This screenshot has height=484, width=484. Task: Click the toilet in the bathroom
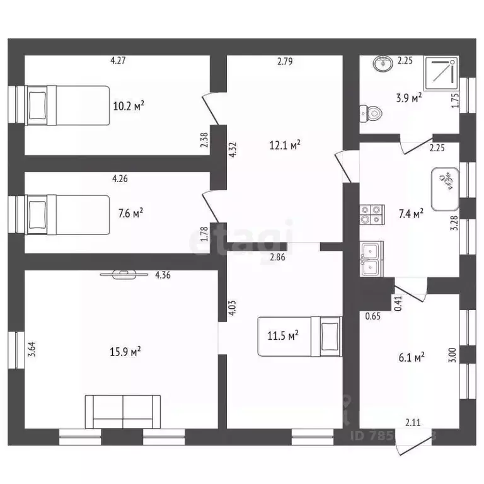pos(371,114)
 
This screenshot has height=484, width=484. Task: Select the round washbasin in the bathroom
pos(382,64)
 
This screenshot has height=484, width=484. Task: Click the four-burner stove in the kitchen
pos(371,214)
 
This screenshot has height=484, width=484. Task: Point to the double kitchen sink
pos(371,259)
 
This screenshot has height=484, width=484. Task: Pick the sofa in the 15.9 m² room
pos(123,412)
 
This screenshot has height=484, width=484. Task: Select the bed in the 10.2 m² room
pos(65,104)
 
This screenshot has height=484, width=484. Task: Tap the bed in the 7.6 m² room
pos(66,214)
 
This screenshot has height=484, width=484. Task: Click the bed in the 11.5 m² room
pos(300,336)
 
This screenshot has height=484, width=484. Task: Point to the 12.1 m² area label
pos(285,144)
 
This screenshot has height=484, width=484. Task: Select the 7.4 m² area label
pos(410,214)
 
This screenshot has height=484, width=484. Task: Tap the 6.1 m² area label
pos(412,357)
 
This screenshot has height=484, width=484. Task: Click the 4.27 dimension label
pos(118,61)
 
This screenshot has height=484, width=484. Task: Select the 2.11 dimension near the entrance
pos(413,422)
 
